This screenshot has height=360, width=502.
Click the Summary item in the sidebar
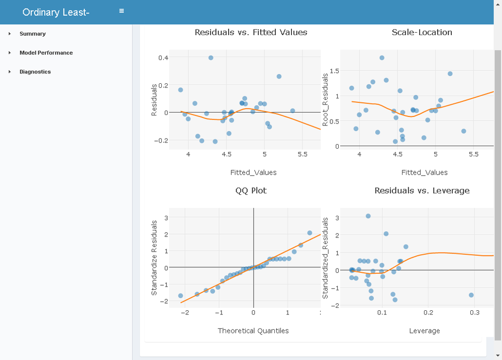[x=33, y=34]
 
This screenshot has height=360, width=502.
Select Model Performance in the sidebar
[x=46, y=53]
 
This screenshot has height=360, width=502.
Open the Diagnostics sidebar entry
[x=35, y=72]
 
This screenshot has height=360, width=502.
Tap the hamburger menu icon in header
[x=122, y=11]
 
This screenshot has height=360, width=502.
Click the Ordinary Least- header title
[x=56, y=12]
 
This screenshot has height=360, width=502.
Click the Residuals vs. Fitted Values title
[x=251, y=32]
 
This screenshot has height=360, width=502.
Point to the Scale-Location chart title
[x=422, y=32]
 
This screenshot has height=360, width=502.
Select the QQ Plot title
[x=251, y=191]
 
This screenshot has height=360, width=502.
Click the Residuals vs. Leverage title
[x=422, y=191]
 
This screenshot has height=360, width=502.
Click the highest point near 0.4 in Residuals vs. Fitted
[x=211, y=58]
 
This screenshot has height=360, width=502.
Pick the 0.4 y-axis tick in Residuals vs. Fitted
[x=163, y=58]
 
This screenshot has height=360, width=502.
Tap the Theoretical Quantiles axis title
[x=253, y=330]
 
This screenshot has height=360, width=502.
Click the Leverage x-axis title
[x=424, y=330]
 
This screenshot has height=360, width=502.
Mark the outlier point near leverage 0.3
[x=471, y=295]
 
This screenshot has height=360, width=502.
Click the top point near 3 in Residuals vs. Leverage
[x=368, y=216]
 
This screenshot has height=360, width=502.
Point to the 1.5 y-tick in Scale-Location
[x=335, y=71]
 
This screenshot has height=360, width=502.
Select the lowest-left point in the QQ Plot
[x=180, y=296]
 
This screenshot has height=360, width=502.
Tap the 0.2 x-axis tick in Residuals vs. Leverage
[x=428, y=312]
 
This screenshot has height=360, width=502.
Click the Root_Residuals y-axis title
[x=326, y=99]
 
